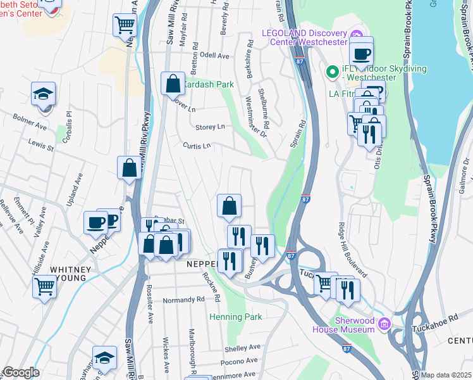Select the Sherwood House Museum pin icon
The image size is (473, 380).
pyautogui.click(x=383, y=325)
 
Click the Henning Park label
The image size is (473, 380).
pyautogui.click(x=235, y=316)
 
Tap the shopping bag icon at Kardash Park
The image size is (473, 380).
pyautogui.click(x=173, y=83)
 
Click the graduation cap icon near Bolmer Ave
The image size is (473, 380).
pyautogui.click(x=44, y=94)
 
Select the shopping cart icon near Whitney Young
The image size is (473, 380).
pyautogui.click(x=45, y=286)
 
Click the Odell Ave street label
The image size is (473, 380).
pyautogui.click(x=214, y=56)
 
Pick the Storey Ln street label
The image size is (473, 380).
pyautogui.click(x=210, y=127)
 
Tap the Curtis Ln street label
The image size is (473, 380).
pyautogui.click(x=196, y=146)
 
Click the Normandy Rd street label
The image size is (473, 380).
pyautogui.click(x=183, y=300)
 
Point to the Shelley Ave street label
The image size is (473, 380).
pyautogui.click(x=243, y=347)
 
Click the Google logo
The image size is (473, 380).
pyautogui.click(x=20, y=372)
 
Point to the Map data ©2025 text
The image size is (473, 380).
pyautogui.click(x=445, y=375)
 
